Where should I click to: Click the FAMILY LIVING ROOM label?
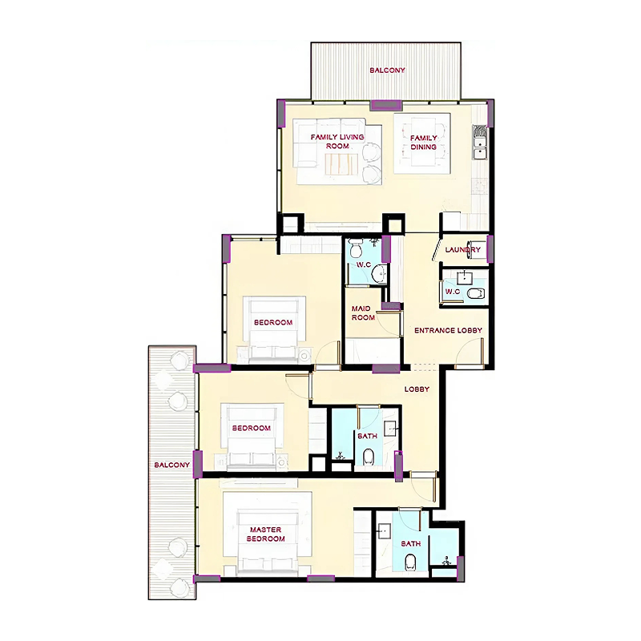click(x=337, y=142)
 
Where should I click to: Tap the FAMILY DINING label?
click(x=424, y=142)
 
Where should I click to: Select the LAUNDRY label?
click(x=463, y=250)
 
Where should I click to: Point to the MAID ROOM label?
click(x=363, y=312)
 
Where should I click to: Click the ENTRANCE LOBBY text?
click(x=448, y=330)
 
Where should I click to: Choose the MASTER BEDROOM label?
click(x=267, y=534)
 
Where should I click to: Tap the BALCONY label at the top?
click(x=387, y=71)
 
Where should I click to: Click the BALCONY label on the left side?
click(x=171, y=466)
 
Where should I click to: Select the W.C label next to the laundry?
click(x=453, y=291)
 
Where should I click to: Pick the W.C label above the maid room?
click(x=363, y=265)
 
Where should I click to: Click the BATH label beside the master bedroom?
click(x=410, y=544)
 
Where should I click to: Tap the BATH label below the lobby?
click(x=368, y=437)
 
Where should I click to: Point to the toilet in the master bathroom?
click(x=411, y=562)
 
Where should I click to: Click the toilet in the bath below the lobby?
click(x=369, y=458)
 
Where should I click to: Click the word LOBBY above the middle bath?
click(x=417, y=389)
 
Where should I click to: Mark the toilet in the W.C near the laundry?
click(x=476, y=294)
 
